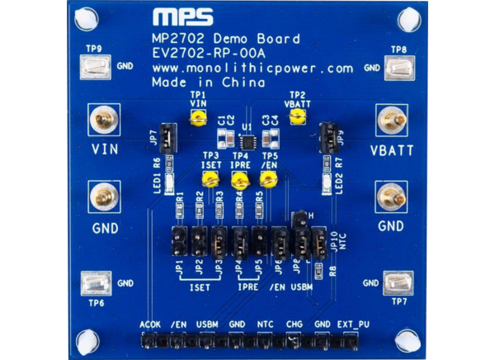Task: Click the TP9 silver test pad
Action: pyautogui.click(x=97, y=68)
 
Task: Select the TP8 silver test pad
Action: pyautogui.click(x=399, y=68)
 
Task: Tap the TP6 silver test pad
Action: pyautogui.click(x=97, y=284)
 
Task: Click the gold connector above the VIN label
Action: pyautogui.click(x=105, y=122)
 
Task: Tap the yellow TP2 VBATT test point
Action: pyautogui.click(x=296, y=119)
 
